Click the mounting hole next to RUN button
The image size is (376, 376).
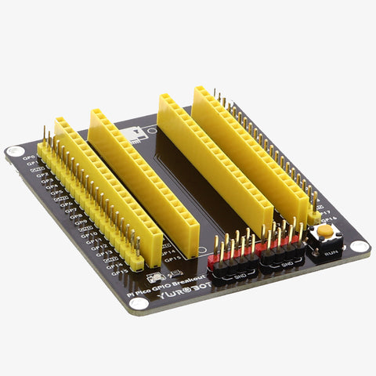tap(361, 248)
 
